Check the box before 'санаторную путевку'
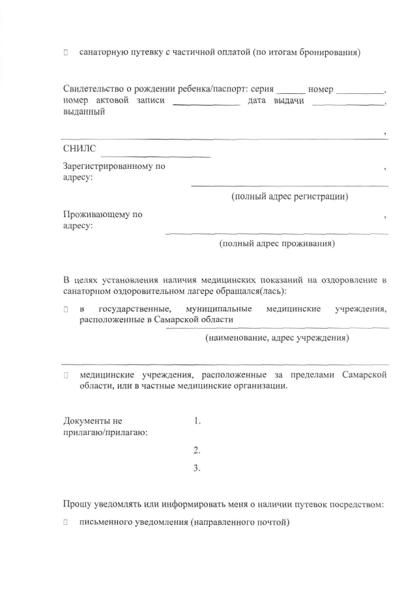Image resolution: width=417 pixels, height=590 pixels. coord(66,52)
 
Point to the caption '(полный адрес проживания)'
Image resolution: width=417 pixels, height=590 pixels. coord(277,244)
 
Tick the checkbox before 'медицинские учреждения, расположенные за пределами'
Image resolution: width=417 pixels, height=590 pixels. coord(66,376)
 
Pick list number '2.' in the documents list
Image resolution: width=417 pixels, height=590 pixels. coord(197,450)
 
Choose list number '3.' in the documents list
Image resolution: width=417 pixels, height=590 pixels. coord(197,467)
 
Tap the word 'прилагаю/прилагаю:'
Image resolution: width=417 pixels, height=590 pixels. coord(104,433)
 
